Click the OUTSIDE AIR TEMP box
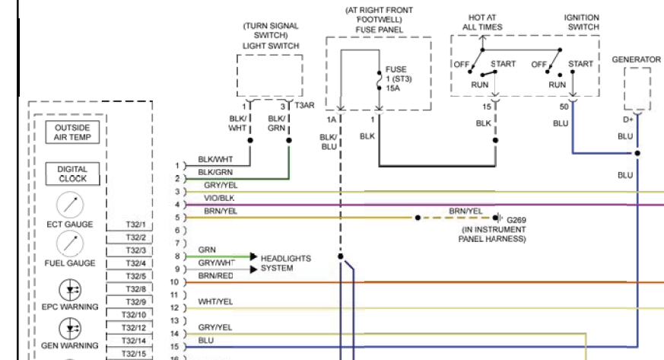pos(72,132)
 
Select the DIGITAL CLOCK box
pos(72,174)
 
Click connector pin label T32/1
pos(135,225)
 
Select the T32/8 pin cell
pos(135,289)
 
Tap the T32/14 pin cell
pos(135,340)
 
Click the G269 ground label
pos(516,220)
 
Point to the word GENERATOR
pos(637,58)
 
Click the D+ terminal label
pos(629,119)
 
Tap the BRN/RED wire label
pos(215,275)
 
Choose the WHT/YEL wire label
pos(215,301)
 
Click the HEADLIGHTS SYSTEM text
pos(286,263)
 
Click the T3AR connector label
pos(304,105)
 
